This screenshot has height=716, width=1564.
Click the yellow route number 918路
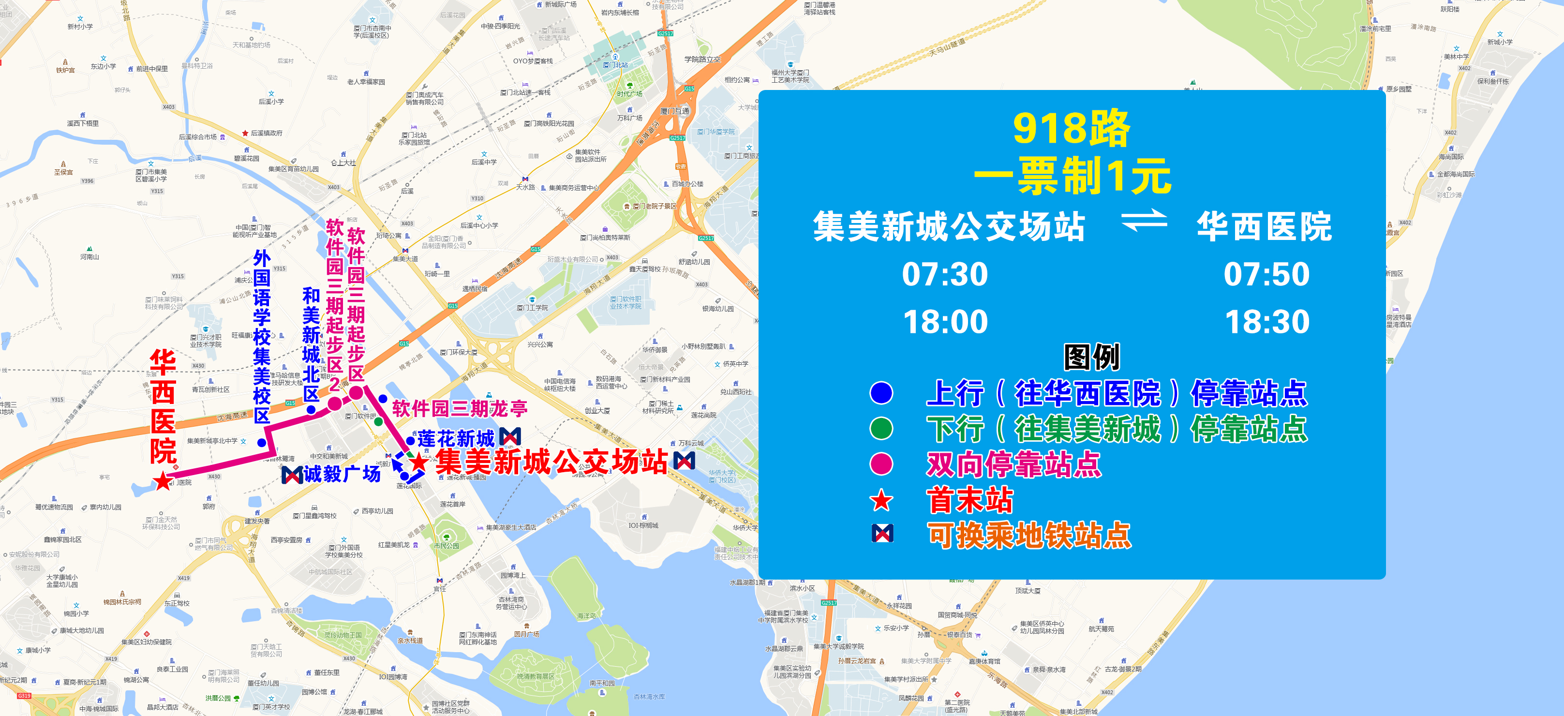click(1071, 128)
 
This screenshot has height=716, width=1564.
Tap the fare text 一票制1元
click(1072, 176)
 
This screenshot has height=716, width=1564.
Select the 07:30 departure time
click(945, 274)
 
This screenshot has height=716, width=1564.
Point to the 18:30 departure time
click(1267, 322)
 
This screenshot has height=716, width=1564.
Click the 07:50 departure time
click(1266, 274)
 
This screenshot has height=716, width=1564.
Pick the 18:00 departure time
click(945, 322)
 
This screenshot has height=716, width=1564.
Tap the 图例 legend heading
click(1091, 357)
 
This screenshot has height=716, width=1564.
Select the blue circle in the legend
click(881, 393)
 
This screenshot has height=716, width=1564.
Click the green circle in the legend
click(881, 428)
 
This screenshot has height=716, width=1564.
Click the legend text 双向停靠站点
click(1013, 464)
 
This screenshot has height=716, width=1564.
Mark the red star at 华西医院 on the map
click(163, 481)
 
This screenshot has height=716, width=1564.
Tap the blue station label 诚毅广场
click(342, 474)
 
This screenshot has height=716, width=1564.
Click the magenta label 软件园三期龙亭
click(460, 408)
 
